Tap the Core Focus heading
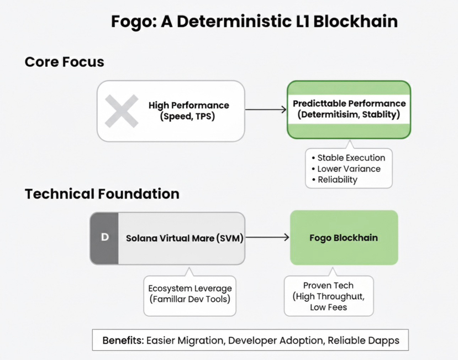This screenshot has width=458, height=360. (x=64, y=61)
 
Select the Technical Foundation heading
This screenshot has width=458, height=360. (x=102, y=194)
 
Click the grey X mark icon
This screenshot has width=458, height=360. (x=122, y=111)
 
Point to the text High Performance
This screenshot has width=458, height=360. (x=188, y=105)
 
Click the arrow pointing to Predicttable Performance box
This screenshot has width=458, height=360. (x=265, y=110)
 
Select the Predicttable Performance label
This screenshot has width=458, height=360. (x=349, y=103)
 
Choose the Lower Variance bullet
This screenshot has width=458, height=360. (x=349, y=169)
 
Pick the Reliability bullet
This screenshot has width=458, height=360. (x=338, y=179)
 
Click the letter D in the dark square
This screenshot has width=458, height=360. (x=104, y=237)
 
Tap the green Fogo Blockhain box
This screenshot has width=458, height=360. (x=344, y=237)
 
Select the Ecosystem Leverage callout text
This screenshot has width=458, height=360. (x=190, y=288)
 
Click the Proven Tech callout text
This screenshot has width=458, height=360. (x=328, y=285)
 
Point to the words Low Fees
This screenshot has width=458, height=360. (x=329, y=307)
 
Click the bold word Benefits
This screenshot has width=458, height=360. (x=123, y=340)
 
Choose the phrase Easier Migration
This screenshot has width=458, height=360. (x=185, y=340)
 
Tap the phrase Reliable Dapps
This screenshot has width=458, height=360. (x=363, y=340)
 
